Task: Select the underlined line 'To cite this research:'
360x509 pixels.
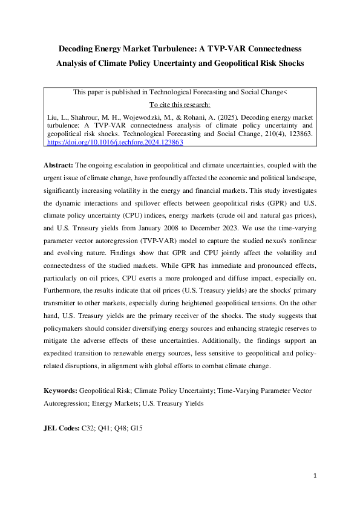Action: [180, 104]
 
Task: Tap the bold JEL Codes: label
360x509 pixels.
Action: [61, 428]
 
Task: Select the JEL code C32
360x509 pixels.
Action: [89, 428]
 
